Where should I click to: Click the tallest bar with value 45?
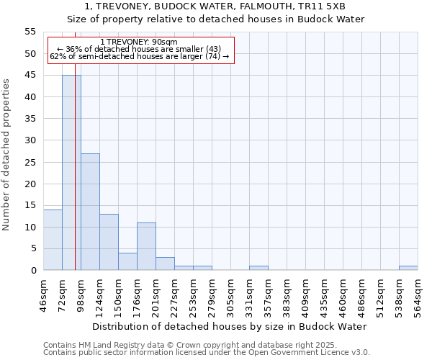click(71, 173)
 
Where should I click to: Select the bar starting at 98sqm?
click(90, 212)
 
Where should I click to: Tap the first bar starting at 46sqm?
click(53, 240)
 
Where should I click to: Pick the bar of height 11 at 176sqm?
click(146, 246)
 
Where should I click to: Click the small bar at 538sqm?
click(408, 268)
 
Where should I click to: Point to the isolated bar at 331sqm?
click(258, 268)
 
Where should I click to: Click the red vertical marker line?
click(75, 180)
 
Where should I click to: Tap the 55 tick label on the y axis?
click(30, 32)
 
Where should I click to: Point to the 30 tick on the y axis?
click(30, 140)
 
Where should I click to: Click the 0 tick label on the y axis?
click(33, 270)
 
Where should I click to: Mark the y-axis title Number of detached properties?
click(6, 155)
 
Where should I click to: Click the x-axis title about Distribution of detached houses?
click(230, 326)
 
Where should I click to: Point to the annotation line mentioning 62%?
click(140, 56)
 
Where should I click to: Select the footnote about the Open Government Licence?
click(207, 352)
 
